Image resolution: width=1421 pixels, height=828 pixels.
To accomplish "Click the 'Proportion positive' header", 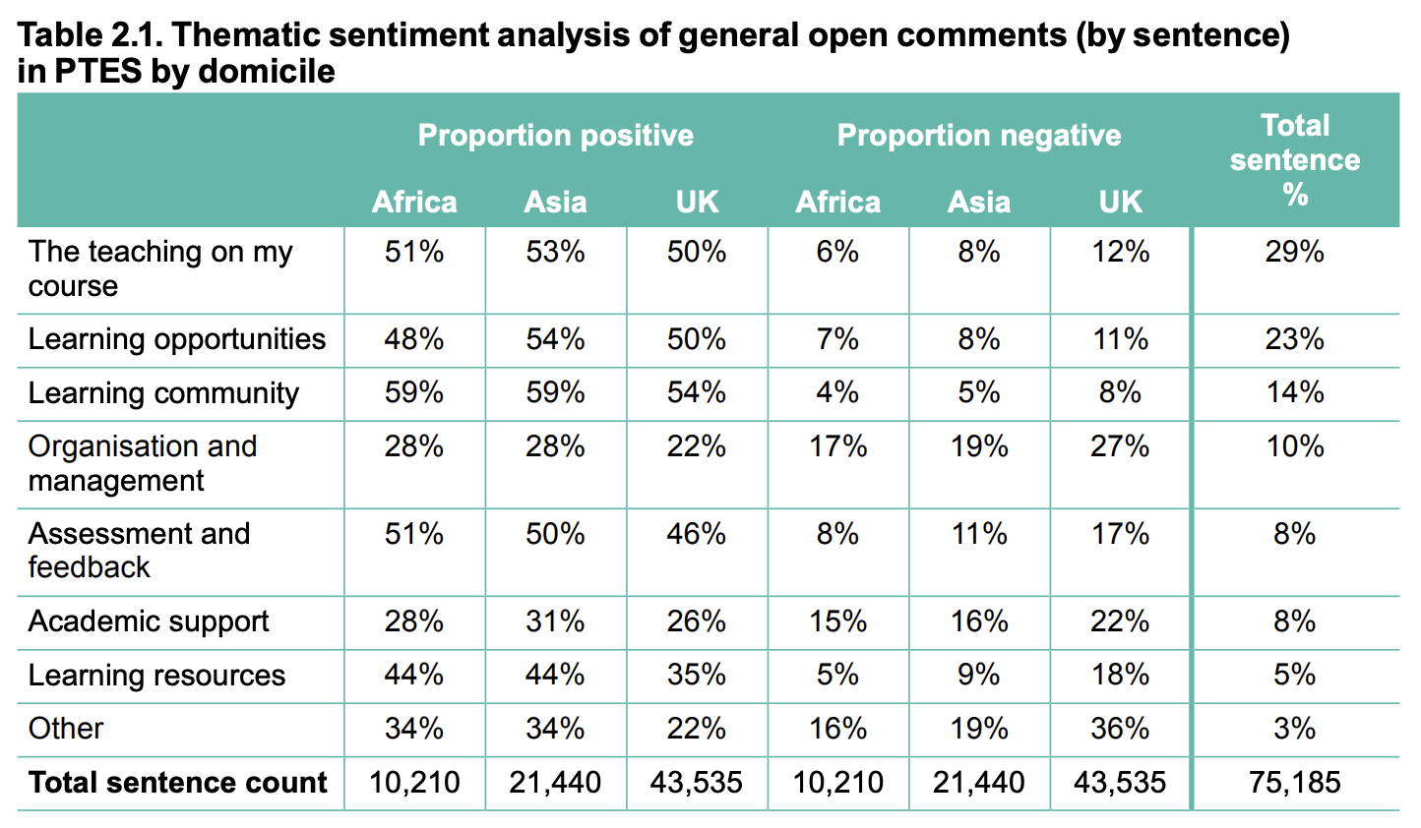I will point(555,135).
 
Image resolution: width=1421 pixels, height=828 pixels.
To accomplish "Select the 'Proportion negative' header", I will point(978,135).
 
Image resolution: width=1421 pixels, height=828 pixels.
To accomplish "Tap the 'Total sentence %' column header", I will point(1294,159).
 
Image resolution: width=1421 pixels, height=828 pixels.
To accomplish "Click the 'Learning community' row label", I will point(163,393).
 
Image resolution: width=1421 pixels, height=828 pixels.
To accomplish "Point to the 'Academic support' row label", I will point(149,621).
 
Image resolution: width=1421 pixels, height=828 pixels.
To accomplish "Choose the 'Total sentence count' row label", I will point(178,783).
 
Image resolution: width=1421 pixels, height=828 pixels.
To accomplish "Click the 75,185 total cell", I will point(1294,783).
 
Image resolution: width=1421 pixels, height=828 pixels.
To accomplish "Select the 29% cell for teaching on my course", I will point(1294,253).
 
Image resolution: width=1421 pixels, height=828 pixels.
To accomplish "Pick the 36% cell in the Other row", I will point(1120,729).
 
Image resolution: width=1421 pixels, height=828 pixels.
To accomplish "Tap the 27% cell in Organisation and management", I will point(1120,446).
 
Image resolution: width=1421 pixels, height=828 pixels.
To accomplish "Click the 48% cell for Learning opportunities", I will point(414,339).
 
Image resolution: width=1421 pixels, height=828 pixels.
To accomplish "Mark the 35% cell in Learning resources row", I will point(697,676).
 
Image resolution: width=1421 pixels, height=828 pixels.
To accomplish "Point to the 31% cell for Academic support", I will point(555,621).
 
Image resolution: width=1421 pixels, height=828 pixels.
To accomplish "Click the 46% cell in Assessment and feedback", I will point(697,534).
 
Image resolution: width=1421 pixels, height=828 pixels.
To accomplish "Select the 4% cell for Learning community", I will point(837,393).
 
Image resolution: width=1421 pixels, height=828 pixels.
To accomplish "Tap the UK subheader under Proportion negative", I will point(1120,202).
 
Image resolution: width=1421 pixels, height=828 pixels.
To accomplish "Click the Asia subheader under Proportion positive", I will point(555,202).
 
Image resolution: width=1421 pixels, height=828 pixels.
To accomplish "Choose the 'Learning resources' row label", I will point(156,676).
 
